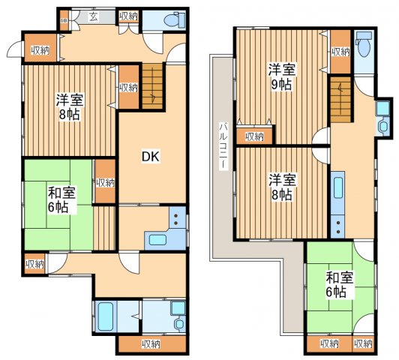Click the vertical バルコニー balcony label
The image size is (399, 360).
pos(223,146)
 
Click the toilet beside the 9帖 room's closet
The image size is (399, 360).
pos(364,46)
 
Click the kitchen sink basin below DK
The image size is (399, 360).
pos(158,240)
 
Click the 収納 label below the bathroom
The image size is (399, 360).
pos(150,344)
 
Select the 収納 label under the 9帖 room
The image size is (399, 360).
pos(254,136)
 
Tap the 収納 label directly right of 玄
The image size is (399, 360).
pos(128,16)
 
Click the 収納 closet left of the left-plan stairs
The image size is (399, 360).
pos(127,87)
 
